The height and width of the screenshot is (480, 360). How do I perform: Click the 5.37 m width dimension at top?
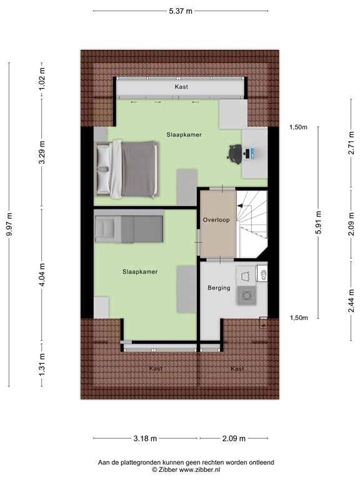(x=181, y=11)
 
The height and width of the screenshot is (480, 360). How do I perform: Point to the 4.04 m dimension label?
(x=41, y=276)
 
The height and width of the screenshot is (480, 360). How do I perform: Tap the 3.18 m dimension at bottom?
(x=146, y=438)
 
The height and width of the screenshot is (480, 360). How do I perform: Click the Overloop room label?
(x=217, y=220)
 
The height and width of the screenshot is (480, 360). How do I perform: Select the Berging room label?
(x=219, y=288)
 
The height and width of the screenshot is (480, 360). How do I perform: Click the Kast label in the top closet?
(x=181, y=87)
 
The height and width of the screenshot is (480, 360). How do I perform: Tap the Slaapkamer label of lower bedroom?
(x=139, y=272)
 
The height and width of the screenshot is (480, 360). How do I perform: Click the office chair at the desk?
(x=234, y=152)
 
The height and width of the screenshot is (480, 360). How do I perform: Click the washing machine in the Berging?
(x=247, y=296)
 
